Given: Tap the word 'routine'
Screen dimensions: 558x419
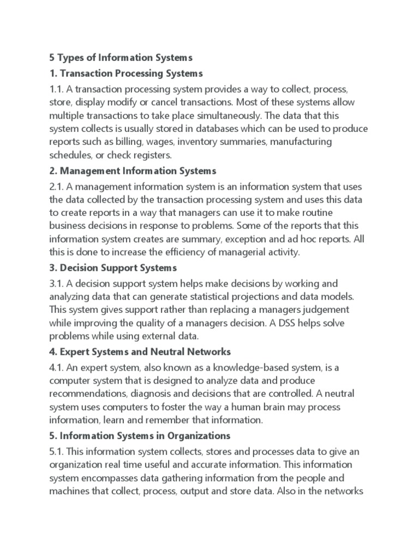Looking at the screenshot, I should point(318,213).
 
